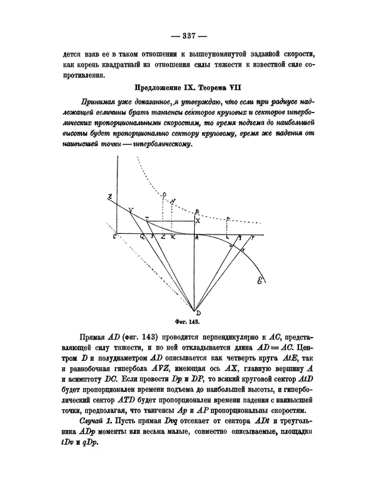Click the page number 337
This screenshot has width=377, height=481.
point(188,34)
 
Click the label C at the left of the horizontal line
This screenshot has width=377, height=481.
point(115,236)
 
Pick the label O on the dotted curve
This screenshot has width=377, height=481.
point(164,194)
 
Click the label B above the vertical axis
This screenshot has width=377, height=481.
point(197,210)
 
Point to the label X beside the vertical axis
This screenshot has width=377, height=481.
point(198,221)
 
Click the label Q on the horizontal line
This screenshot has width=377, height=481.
point(143,238)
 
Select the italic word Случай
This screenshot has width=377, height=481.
point(94,419)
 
